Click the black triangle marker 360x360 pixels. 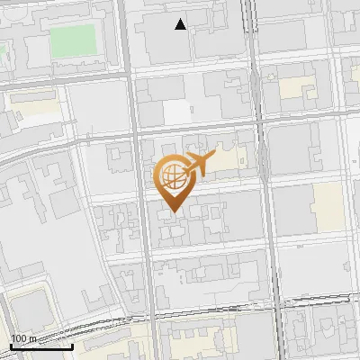click(x=181, y=24)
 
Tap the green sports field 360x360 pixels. click(x=72, y=40)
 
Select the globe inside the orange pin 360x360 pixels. click(x=171, y=176)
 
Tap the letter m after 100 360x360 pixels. click(x=33, y=338)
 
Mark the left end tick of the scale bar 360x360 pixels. click(x=11, y=346)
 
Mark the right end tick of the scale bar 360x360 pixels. click(x=73, y=346)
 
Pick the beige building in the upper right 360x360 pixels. click(x=293, y=88)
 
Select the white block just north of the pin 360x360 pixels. click(x=177, y=111)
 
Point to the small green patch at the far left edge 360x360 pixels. click(x=3, y=63)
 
